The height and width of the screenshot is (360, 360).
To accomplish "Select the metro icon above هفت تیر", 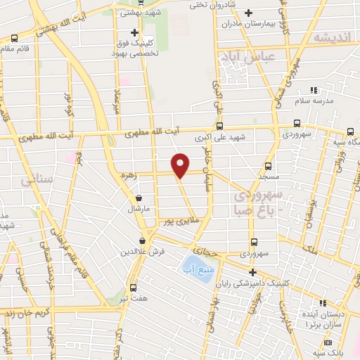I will pos(134,288).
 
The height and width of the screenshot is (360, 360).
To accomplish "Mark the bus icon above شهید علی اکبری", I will pos(220,126).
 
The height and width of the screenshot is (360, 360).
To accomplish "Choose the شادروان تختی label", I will pos(205,4).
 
